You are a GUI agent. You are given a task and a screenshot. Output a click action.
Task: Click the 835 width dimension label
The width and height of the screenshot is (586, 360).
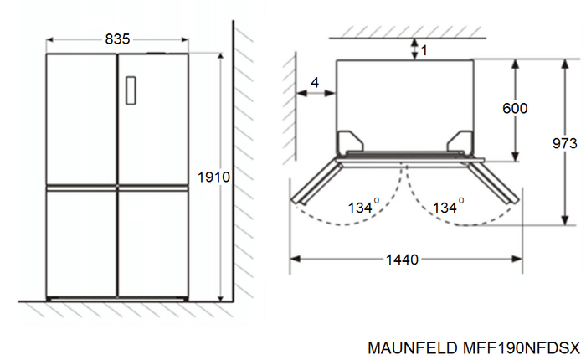tap(117, 39)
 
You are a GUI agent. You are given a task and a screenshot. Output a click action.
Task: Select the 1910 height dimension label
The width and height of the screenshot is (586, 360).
tap(213, 177)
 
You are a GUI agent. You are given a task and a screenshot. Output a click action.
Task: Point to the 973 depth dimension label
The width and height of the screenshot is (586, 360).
tap(565, 144)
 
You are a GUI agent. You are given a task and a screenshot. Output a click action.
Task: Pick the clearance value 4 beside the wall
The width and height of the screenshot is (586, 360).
tap(315, 82)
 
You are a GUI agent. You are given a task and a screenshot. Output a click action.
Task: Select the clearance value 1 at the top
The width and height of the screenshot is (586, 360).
tap(424, 50)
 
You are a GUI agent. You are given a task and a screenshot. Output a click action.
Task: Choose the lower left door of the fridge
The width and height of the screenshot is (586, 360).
tap(81, 243)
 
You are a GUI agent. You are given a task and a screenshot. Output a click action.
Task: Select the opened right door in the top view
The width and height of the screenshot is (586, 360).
tap(493, 179)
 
